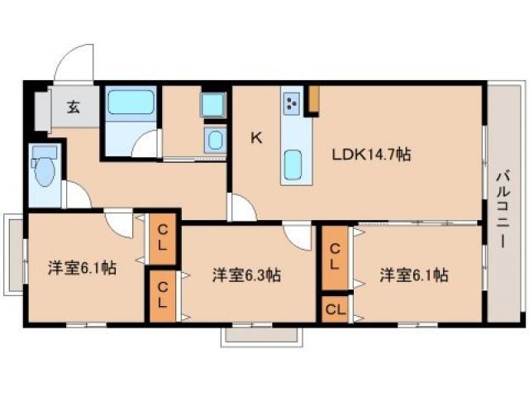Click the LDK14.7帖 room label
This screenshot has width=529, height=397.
click(371, 155)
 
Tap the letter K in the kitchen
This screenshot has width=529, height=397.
click(256, 138)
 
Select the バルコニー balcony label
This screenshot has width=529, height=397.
click(503, 210)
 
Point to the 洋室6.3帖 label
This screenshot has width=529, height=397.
click(246, 275)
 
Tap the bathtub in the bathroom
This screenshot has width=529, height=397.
click(131, 102)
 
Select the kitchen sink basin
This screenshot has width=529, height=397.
click(293, 165)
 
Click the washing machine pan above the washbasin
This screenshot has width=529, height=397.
click(213, 105)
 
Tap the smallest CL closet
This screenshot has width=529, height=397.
click(336, 309)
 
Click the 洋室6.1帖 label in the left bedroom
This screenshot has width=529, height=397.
click(82, 268)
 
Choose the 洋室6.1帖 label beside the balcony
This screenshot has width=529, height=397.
click(414, 275)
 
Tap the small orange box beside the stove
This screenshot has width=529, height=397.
click(314, 98)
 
